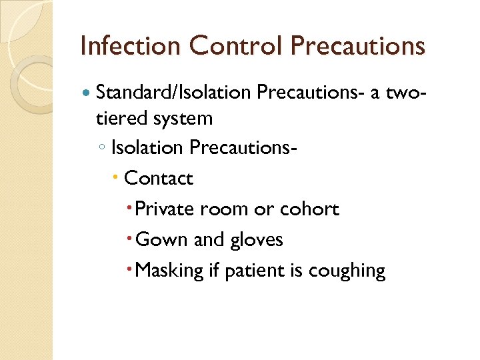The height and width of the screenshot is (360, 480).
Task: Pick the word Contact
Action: (159, 179)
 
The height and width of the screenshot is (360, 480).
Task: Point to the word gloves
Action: (257, 240)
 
